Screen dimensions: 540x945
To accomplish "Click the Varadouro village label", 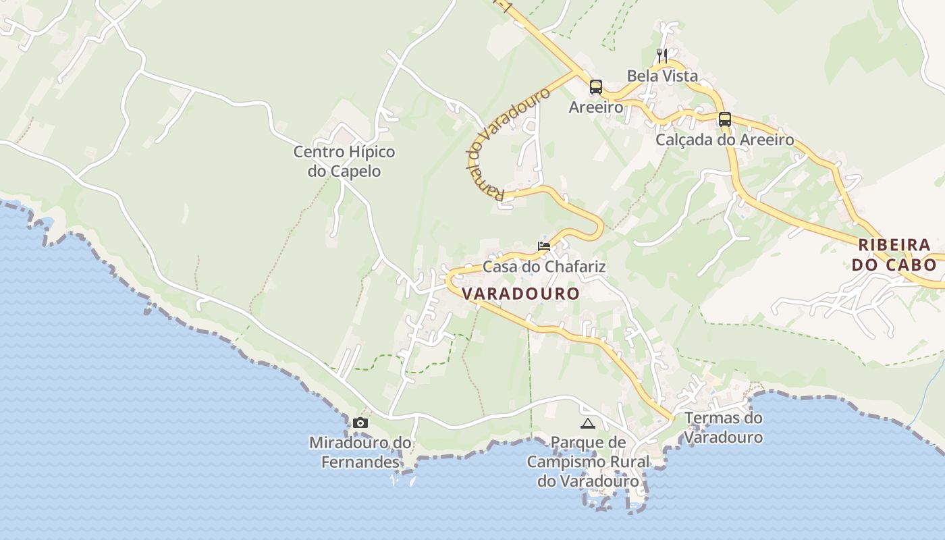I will (520, 294).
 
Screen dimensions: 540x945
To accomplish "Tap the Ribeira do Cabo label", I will (894, 254).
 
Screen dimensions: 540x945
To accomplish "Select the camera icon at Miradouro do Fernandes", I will (360, 423).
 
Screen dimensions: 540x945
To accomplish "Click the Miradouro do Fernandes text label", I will (360, 452).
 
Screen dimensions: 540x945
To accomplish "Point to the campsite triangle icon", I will (587, 423).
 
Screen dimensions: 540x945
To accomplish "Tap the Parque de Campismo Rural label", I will (588, 462).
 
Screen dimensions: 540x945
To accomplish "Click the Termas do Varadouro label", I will (724, 427).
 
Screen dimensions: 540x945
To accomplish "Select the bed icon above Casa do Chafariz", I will (544, 246).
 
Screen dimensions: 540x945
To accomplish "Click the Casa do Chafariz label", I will (544, 267).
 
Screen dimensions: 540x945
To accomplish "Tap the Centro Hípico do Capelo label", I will (344, 161).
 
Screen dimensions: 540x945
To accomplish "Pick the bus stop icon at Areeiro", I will (595, 86).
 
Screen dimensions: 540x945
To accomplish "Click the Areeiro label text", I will (595, 107).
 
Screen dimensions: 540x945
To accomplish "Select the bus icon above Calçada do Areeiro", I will (725, 119).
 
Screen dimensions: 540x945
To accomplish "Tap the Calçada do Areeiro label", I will (725, 140).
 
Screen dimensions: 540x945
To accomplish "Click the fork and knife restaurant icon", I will (662, 55).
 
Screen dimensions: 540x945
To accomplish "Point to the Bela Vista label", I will (662, 76).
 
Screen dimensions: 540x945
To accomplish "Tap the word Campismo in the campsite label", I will (588, 462).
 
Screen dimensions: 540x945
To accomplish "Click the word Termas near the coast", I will (708, 418).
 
